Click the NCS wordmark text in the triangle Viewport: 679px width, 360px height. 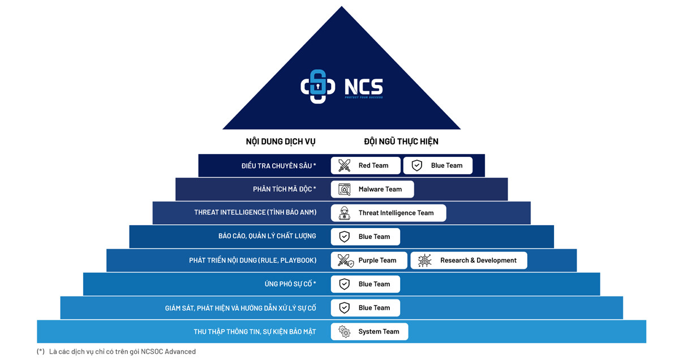pyautogui.click(x=363, y=87)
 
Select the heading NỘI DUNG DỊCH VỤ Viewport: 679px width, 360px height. pyautogui.click(x=281, y=142)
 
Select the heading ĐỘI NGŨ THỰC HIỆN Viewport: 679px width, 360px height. pyautogui.click(x=401, y=142)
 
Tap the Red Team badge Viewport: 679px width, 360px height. pyautogui.click(x=366, y=165)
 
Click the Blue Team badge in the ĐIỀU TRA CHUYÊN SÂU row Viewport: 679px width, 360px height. pyautogui.click(x=437, y=165)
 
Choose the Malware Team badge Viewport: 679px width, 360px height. pyautogui.click(x=372, y=189)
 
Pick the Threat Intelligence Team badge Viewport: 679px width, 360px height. pyautogui.click(x=388, y=213)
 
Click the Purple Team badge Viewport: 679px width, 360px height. pyautogui.click(x=369, y=260)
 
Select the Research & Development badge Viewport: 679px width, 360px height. pyautogui.click(x=469, y=260)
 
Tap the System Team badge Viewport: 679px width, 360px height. pyautogui.click(x=369, y=332)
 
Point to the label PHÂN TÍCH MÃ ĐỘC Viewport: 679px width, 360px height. pyautogui.click(x=284, y=189)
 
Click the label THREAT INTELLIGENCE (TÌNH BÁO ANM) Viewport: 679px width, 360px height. pyautogui.click(x=255, y=213)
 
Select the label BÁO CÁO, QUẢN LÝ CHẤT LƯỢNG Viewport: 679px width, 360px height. pyautogui.click(x=267, y=237)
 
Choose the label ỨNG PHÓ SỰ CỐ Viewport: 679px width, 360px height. pyautogui.click(x=290, y=284)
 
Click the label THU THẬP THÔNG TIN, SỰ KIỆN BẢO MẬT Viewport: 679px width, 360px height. pyautogui.click(x=255, y=332)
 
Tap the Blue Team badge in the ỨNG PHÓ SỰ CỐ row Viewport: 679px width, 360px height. pyautogui.click(x=366, y=284)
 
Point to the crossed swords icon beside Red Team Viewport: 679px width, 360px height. pyautogui.click(x=344, y=165)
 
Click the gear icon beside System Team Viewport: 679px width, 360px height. pyautogui.click(x=344, y=332)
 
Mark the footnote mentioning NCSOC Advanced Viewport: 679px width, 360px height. pyautogui.click(x=117, y=352)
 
